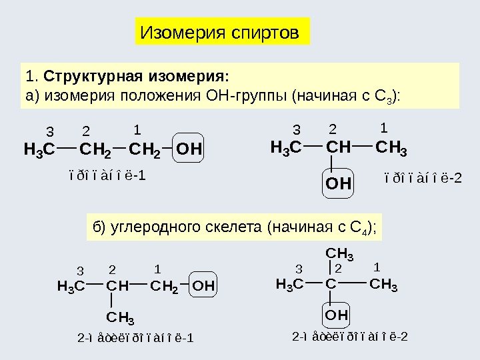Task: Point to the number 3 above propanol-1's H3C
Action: (x=49, y=129)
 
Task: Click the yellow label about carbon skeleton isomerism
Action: (x=235, y=228)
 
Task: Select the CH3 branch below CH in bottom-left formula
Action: (x=121, y=315)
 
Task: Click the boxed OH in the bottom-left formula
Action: (x=205, y=287)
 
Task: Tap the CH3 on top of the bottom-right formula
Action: (x=339, y=254)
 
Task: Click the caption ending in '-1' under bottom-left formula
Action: (x=135, y=337)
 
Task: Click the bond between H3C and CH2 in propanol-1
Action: (x=66, y=143)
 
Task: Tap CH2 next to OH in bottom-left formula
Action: (x=164, y=287)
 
